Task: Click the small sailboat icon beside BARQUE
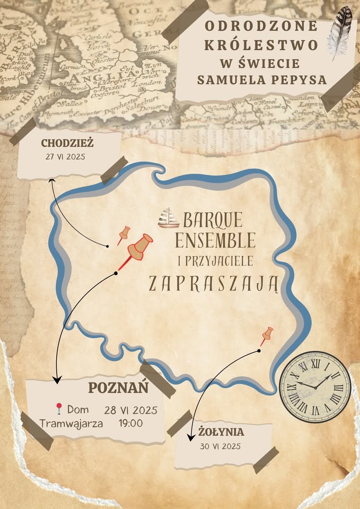[169, 217]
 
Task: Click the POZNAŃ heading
[118, 388]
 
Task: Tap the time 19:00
[130, 423]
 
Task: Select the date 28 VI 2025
[130, 410]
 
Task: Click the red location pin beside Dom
[59, 409]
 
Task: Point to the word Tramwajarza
[72, 423]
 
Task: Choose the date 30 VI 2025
[221, 446]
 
